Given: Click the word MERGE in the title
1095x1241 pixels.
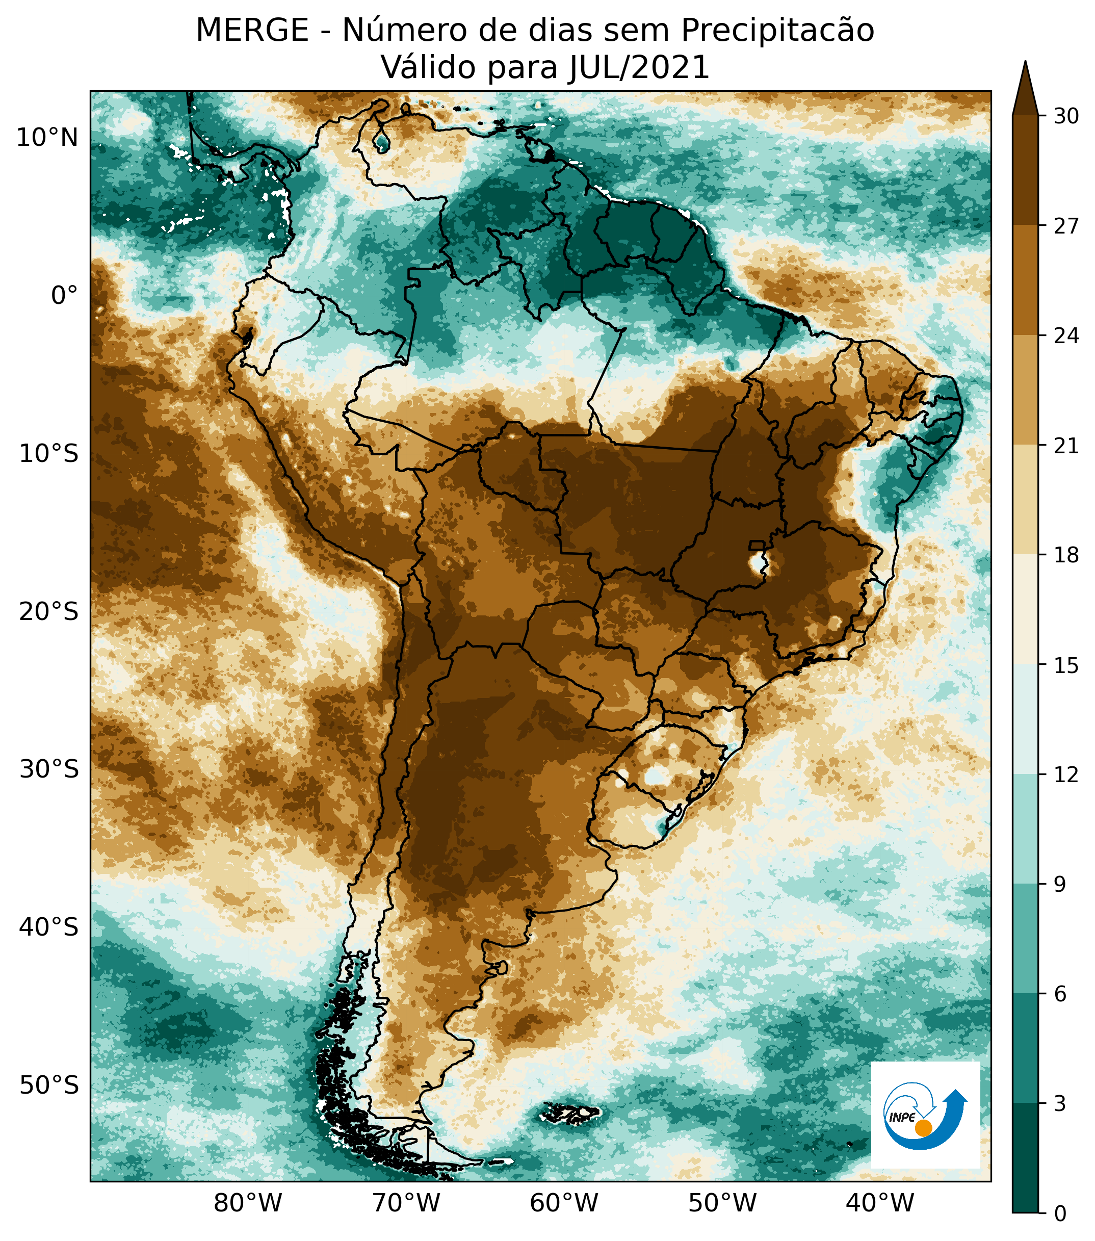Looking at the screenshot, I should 252,31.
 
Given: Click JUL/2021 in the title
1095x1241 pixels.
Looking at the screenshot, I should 639,68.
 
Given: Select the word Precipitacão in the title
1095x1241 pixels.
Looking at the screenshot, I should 777,31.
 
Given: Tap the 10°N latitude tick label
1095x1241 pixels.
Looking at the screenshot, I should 47,139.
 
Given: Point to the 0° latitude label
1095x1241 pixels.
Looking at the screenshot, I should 64,296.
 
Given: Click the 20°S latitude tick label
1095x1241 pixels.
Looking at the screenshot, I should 48,611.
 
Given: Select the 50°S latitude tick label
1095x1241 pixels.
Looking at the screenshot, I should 48,1085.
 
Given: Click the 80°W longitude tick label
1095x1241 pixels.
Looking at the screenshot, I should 248,1203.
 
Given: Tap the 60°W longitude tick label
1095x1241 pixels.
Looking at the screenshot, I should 564,1203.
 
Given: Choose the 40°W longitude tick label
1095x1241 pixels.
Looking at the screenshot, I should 879,1203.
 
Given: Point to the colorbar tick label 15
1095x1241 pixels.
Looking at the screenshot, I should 1066,666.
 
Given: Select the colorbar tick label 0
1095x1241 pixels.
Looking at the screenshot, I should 1060,1214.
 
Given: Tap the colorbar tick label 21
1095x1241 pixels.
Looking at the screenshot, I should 1066,446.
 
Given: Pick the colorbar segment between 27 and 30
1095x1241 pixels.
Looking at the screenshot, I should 1025,170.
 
